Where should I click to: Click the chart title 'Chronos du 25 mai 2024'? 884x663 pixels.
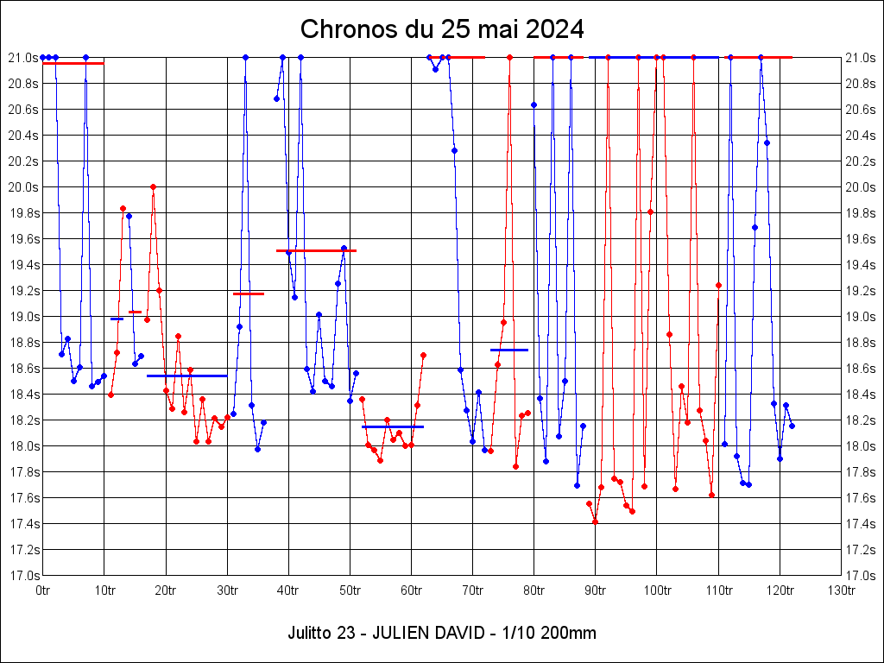pos(442,29)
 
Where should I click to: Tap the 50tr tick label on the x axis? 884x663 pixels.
pos(350,590)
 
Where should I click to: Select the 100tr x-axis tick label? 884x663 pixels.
pos(657,590)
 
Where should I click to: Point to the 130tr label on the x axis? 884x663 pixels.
pos(841,590)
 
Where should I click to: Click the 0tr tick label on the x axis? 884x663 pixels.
pos(43,590)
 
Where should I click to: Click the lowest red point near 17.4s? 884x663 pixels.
pos(596,521)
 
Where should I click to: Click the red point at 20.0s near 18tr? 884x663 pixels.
pos(153,186)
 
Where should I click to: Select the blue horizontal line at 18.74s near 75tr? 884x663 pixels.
pos(508,350)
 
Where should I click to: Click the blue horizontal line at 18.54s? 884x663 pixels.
pos(186,376)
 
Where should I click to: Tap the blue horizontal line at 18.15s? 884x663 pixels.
pos(393,426)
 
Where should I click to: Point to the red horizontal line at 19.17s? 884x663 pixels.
pos(249,294)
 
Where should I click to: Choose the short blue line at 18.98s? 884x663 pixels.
pos(117,319)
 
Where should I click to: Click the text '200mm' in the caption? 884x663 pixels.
pos(571,633)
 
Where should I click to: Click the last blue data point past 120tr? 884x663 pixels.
pos(792,426)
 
